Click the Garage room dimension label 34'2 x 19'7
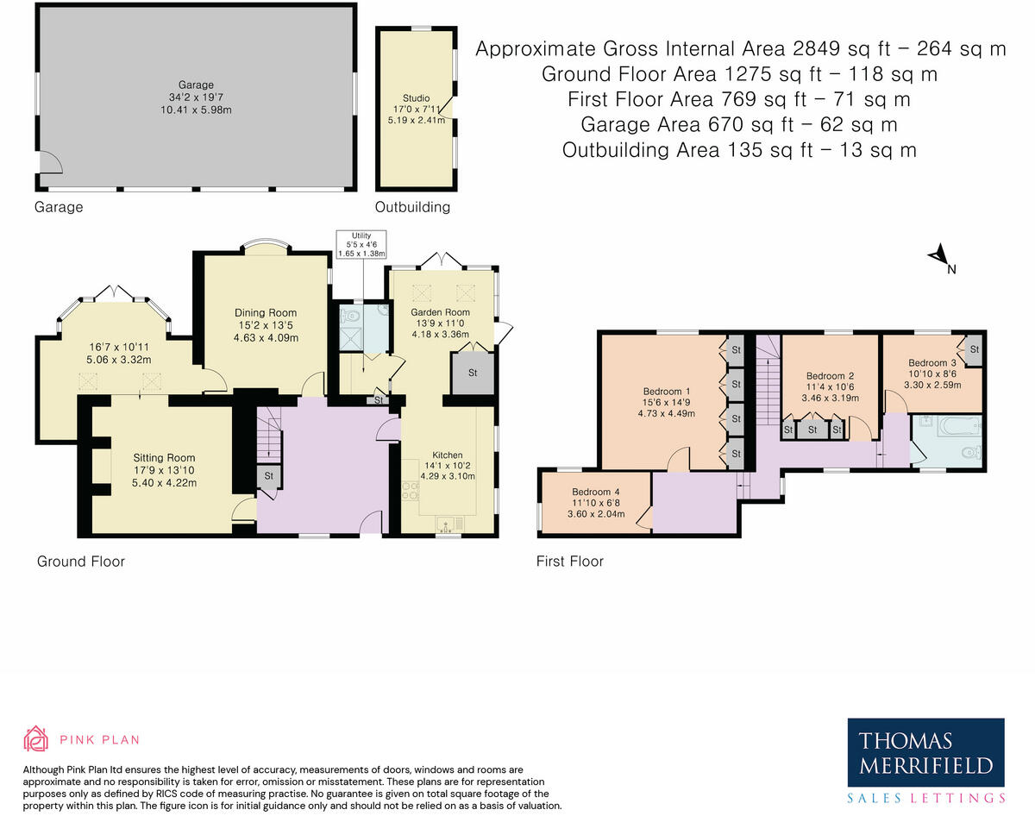pyautogui.click(x=196, y=97)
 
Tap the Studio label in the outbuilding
pyautogui.click(x=416, y=98)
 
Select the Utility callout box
pyautogui.click(x=361, y=244)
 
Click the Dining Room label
pyautogui.click(x=266, y=312)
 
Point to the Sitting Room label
pyautogui.click(x=164, y=458)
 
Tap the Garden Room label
pyautogui.click(x=440, y=312)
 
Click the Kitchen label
pyautogui.click(x=448, y=455)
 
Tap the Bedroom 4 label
pyautogui.click(x=596, y=492)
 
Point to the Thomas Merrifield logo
pyautogui.click(x=925, y=760)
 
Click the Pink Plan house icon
pyautogui.click(x=35, y=738)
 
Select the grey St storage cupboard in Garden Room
pyautogui.click(x=473, y=374)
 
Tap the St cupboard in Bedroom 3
pyautogui.click(x=974, y=350)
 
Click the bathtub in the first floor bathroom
pyautogui.click(x=960, y=426)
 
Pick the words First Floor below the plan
pyautogui.click(x=570, y=562)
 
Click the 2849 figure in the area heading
pyautogui.click(x=816, y=48)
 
